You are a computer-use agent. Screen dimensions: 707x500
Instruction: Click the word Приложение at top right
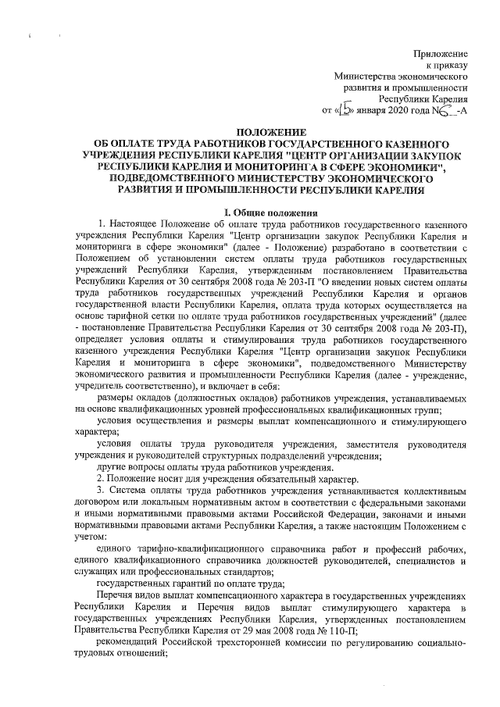[441, 52]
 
